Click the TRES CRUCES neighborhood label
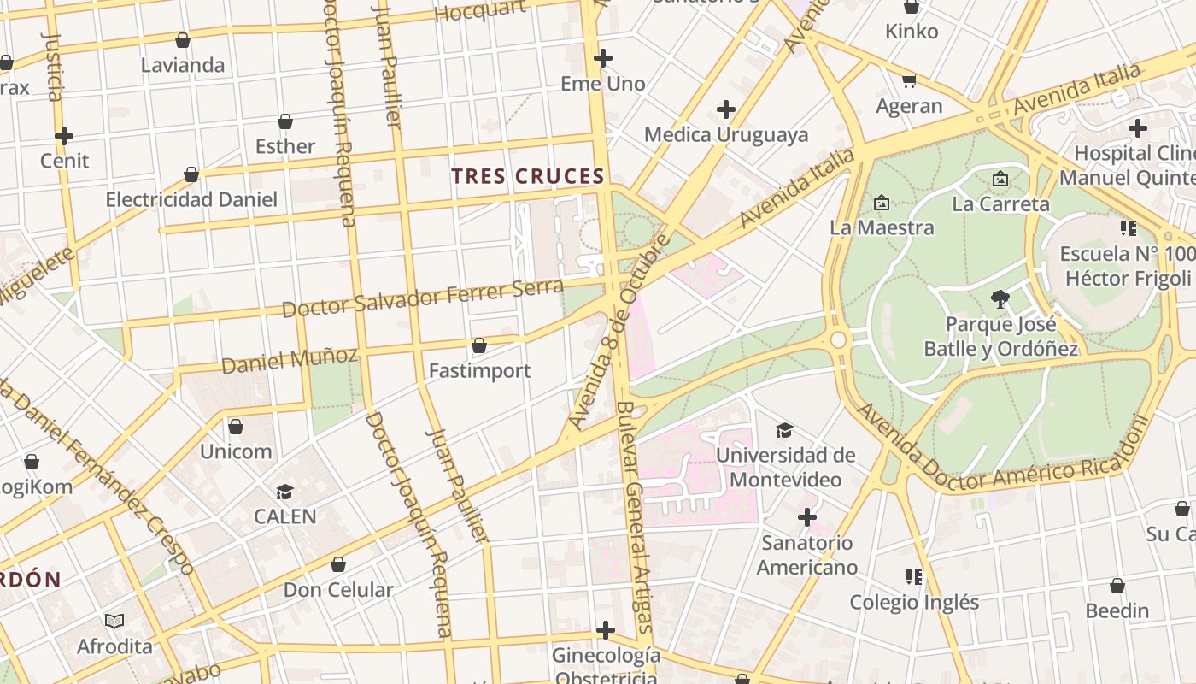[x=528, y=177]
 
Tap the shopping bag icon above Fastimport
[x=479, y=345]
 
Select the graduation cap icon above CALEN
[x=284, y=492]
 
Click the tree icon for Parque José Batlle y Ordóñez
[x=1000, y=298]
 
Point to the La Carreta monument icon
[x=1000, y=179]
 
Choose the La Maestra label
[x=882, y=227]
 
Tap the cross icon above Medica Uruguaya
[x=726, y=109]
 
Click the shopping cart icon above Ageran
[x=909, y=80]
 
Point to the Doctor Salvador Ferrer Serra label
[x=423, y=298]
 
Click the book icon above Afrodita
[x=114, y=621]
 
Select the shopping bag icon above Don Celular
[x=338, y=564]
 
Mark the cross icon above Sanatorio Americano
[x=806, y=517]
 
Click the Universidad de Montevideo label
[x=785, y=467]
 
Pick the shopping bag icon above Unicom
[x=236, y=426]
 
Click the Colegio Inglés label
[x=914, y=602]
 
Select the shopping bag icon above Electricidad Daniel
[x=191, y=174]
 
